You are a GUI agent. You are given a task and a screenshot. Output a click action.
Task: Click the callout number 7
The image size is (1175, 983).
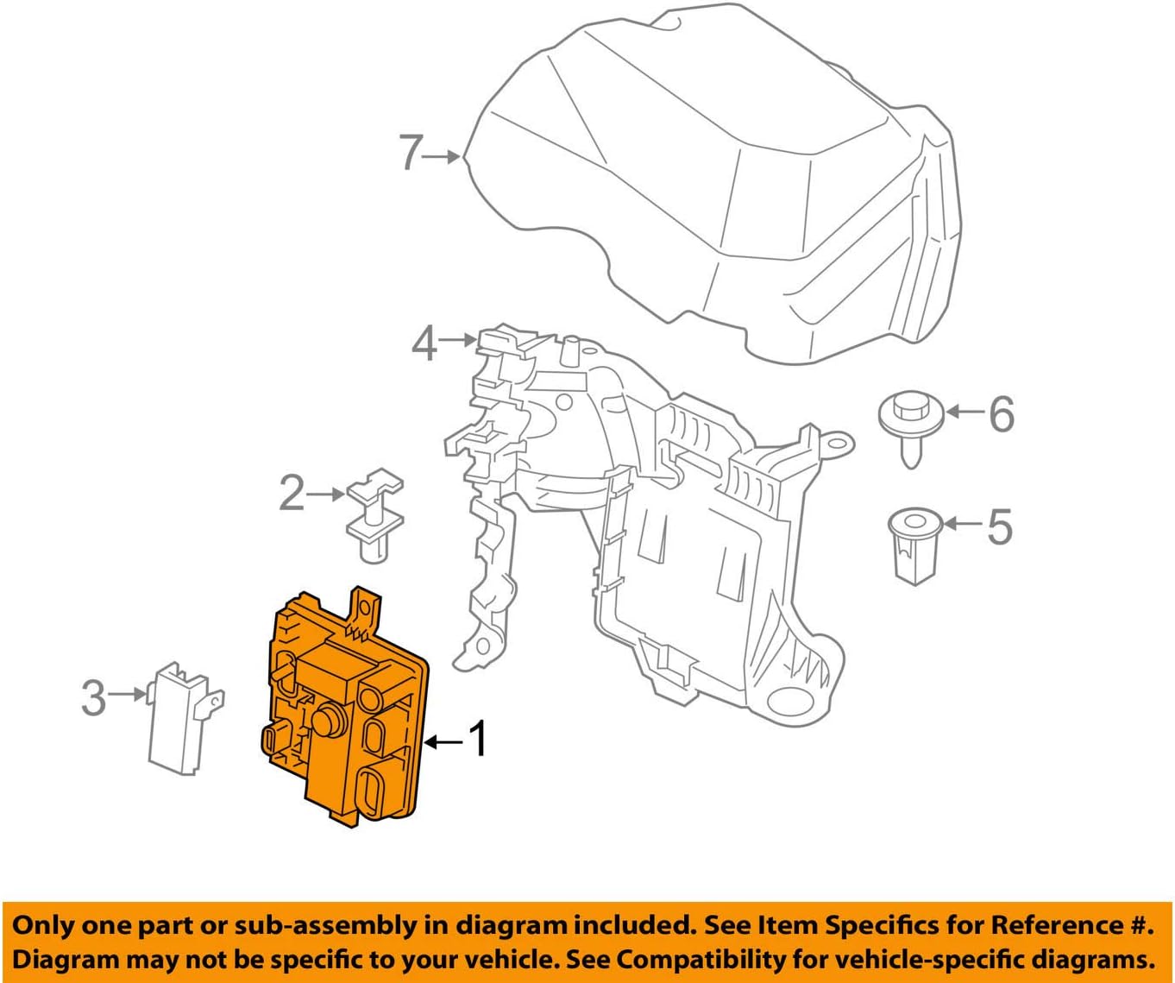412,154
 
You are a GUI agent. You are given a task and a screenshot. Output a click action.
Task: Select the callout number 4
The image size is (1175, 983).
424,343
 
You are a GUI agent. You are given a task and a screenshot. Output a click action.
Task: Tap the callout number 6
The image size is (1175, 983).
1001,414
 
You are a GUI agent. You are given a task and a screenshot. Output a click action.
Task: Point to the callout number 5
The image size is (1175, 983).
999,526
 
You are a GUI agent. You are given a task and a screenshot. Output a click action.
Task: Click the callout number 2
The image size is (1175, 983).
292,494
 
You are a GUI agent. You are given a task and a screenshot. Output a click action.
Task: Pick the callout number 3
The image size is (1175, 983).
93,697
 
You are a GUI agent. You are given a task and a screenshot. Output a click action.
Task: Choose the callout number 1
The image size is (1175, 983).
477,740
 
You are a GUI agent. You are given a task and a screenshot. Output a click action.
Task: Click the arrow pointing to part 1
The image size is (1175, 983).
443,741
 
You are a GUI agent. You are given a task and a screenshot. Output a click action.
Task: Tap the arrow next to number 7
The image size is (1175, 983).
444,156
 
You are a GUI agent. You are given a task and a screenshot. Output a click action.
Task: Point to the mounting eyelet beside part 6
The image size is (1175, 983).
836,444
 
